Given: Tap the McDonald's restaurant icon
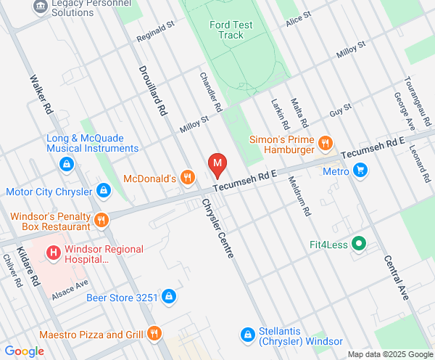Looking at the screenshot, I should [188, 177].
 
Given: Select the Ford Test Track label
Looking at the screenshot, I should [231, 30].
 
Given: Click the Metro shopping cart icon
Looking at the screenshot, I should [360, 171].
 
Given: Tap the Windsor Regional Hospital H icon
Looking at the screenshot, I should [53, 253].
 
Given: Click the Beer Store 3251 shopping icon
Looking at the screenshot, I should [168, 296].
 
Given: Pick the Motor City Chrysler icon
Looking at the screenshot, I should [104, 191].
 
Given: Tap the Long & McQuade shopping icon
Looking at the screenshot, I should [66, 163].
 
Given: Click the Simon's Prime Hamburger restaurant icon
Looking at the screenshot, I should [326, 144].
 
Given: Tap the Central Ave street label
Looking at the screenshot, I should [397, 278].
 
